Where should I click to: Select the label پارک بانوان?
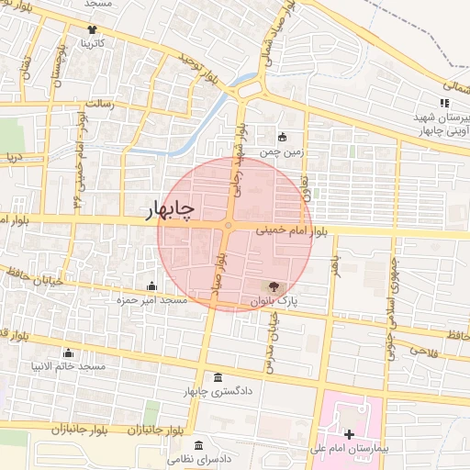[274, 301]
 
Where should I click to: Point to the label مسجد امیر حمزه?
[151, 300]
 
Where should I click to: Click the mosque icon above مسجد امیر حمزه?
[151, 286]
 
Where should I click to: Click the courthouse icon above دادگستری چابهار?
[217, 378]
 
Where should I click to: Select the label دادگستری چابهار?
[218, 393]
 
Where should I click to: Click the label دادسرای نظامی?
[197, 457]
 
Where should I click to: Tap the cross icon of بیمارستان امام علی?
[348, 433]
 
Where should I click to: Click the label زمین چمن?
[281, 151]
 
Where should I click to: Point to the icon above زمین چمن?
[282, 137]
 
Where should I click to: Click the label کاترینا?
[92, 43]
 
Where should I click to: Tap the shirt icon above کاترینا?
[91, 29]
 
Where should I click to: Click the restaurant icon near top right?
[444, 104]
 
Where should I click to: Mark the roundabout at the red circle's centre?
[229, 226]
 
